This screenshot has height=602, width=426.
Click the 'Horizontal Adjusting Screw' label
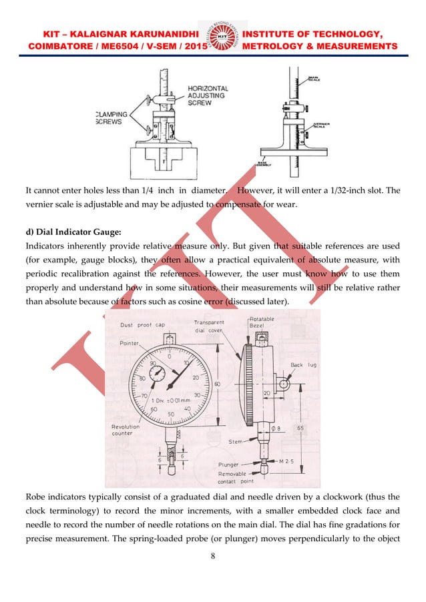[208, 95]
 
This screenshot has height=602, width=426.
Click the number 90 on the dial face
[153, 363]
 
